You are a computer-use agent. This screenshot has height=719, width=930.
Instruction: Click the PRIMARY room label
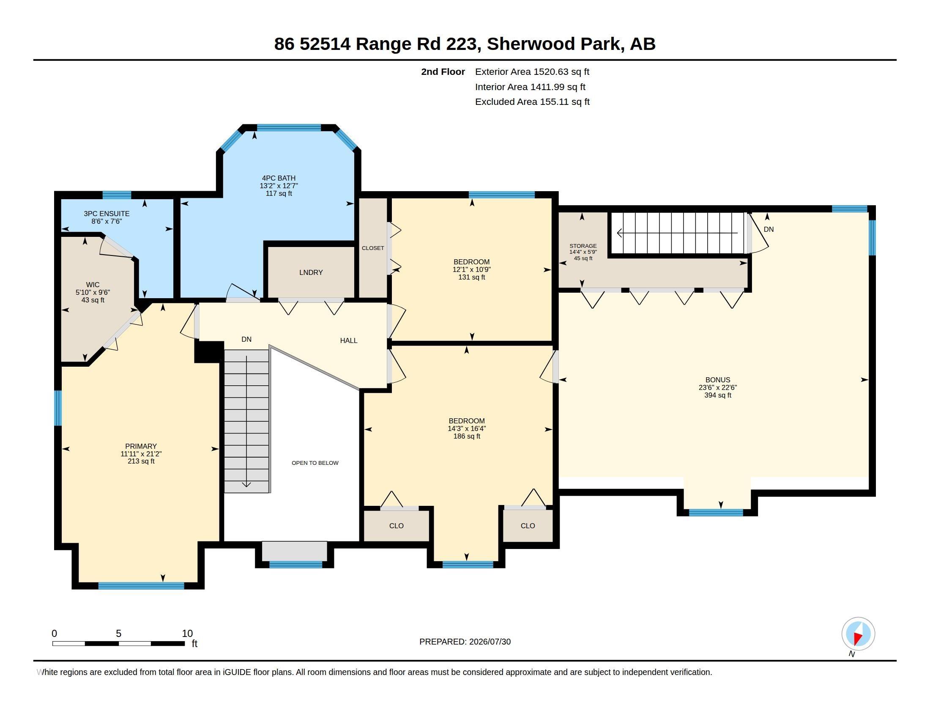tap(141, 446)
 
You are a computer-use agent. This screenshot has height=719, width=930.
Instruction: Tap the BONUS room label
tap(717, 380)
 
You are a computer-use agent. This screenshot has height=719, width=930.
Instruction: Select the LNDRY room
tap(311, 273)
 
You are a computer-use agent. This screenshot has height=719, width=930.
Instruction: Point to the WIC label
tap(93, 285)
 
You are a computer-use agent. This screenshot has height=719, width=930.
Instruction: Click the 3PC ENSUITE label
tap(107, 214)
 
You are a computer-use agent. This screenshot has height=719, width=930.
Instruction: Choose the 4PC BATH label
tap(279, 178)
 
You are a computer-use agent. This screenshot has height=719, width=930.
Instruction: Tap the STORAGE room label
tap(583, 246)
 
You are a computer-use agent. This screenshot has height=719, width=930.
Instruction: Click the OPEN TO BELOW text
tap(315, 463)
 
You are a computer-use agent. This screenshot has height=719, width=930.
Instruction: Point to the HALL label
tap(349, 340)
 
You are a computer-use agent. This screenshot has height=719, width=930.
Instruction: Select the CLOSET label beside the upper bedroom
tap(373, 248)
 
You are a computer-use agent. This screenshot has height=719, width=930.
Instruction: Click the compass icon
tap(858, 634)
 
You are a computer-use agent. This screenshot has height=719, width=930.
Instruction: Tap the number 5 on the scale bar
tap(119, 634)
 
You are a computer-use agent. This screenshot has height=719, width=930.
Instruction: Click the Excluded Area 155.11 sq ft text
tap(532, 102)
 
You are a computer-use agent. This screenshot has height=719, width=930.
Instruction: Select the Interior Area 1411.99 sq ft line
tap(530, 87)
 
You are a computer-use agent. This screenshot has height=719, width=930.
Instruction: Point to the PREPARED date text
tap(465, 642)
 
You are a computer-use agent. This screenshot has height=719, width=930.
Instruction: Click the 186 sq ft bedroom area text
tap(467, 436)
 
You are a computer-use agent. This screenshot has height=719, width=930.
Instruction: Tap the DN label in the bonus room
tap(769, 229)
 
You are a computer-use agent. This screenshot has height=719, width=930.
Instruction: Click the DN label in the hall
tap(246, 340)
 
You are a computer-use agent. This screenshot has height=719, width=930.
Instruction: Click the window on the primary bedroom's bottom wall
tap(141, 586)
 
